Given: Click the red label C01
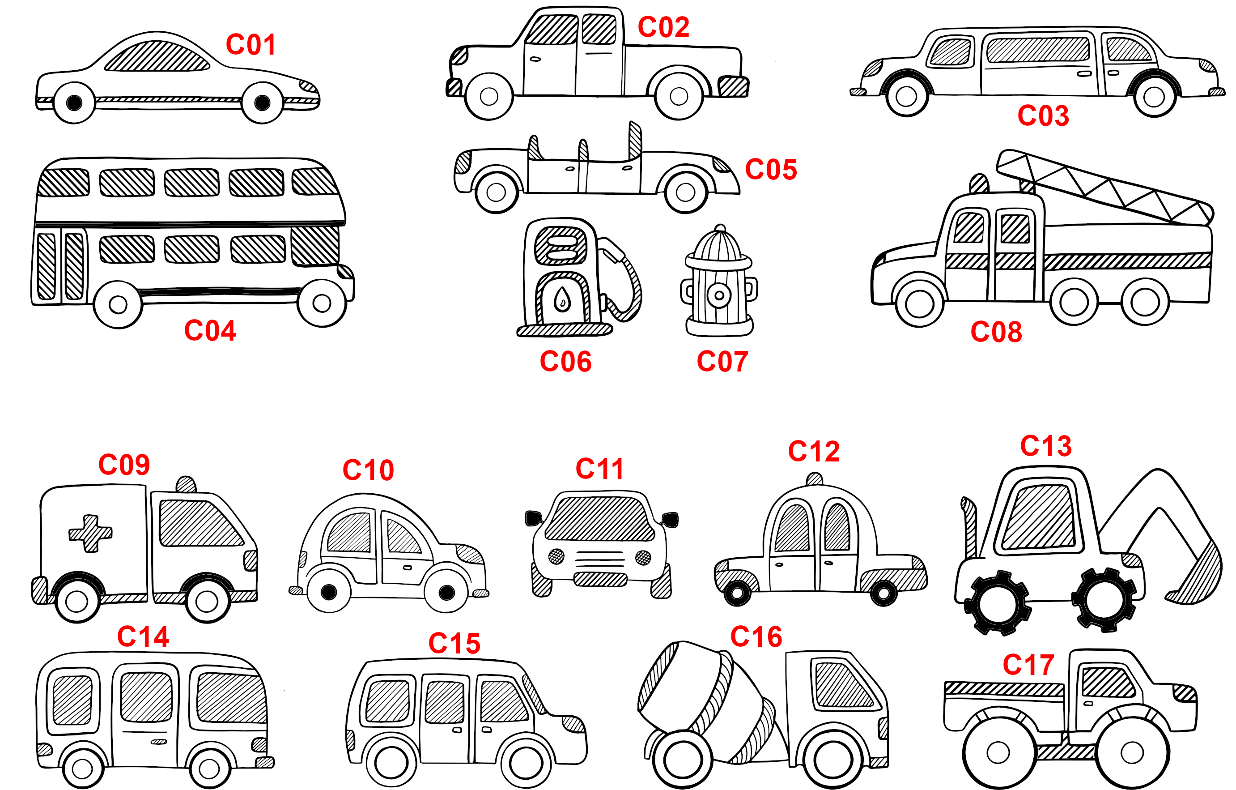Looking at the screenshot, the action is [x=251, y=45].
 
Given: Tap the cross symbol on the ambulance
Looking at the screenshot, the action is [x=90, y=534].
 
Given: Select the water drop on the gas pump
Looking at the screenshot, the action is [x=563, y=299].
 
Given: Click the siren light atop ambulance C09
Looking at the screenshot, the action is [x=186, y=485].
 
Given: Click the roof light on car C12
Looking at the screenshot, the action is [x=815, y=479].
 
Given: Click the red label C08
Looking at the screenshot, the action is [x=996, y=332].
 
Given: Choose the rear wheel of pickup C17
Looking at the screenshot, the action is [x=998, y=752].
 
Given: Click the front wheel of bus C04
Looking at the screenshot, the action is [x=322, y=303].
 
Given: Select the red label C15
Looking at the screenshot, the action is [x=454, y=643].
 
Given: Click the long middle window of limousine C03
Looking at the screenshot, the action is [x=1038, y=50].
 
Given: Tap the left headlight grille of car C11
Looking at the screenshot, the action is [x=556, y=556].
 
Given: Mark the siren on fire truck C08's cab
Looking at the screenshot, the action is [x=979, y=184].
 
